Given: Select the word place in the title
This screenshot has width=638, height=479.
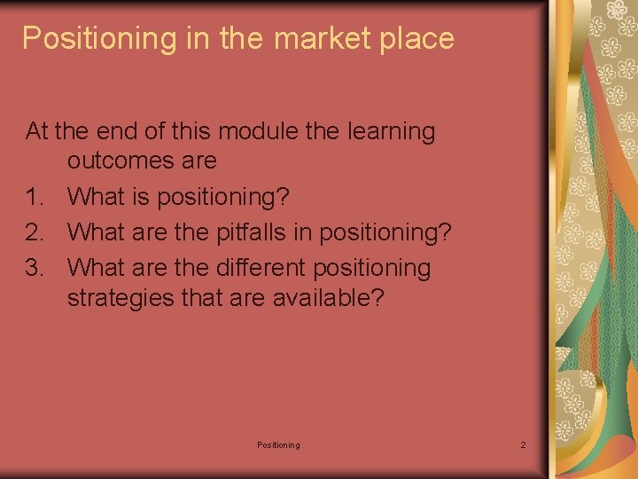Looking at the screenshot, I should click(x=418, y=38).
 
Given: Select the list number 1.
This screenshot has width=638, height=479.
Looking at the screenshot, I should click(x=35, y=196).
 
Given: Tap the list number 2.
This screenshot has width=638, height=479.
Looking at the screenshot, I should click(x=35, y=232).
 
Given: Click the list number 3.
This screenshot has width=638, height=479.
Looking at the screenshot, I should click(x=35, y=267).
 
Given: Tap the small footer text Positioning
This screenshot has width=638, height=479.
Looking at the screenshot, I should click(x=278, y=444).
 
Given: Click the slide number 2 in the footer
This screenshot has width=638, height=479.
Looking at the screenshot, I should click(x=523, y=444).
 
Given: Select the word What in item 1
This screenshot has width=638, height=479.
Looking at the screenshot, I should click(x=97, y=196).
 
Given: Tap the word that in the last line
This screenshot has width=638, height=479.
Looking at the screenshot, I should click(x=200, y=296).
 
